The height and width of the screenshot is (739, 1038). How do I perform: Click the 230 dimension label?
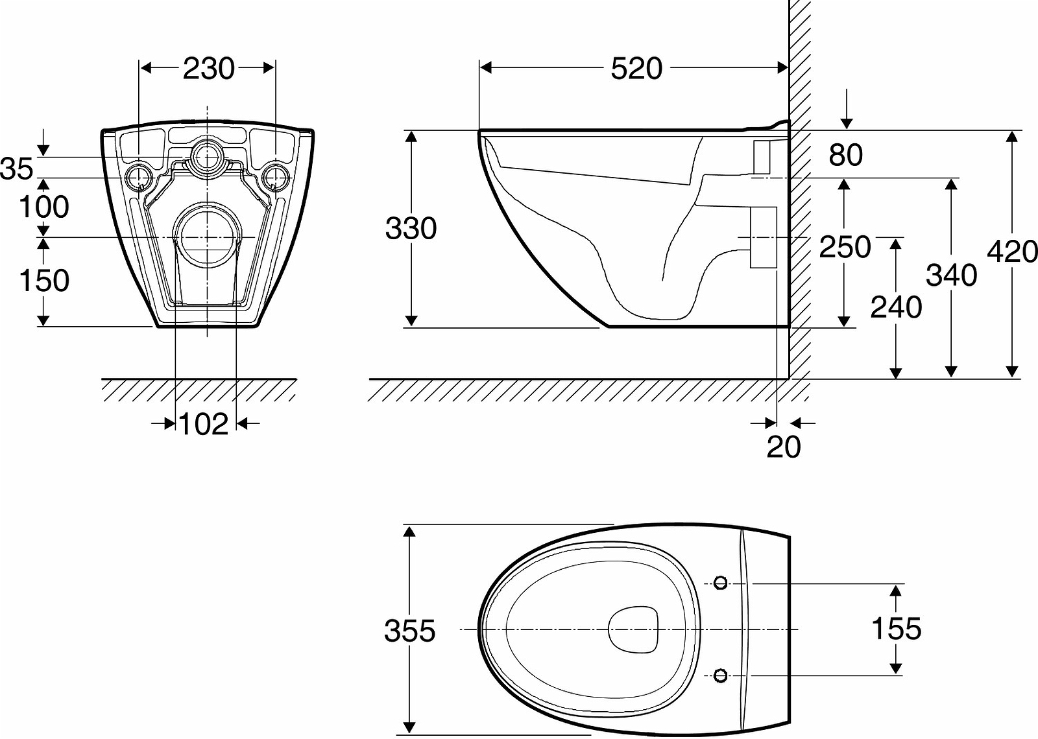[208, 69]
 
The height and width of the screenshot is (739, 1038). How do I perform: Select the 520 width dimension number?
[636, 69]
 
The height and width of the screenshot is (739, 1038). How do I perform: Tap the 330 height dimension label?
[411, 229]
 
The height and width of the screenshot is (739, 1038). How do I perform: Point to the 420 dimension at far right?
[1012, 252]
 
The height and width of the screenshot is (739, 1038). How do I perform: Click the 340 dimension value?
[951, 276]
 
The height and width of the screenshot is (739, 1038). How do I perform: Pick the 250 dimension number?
[845, 247]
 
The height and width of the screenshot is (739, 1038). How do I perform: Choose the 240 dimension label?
[896, 307]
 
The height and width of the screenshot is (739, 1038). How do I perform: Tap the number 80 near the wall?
[845, 155]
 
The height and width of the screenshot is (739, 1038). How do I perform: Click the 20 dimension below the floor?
[784, 447]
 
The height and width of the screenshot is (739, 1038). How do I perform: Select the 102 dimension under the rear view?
[203, 424]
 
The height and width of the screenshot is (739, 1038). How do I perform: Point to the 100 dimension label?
[43, 207]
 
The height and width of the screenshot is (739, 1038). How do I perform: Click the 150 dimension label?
[43, 281]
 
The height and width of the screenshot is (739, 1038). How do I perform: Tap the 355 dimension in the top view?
[409, 631]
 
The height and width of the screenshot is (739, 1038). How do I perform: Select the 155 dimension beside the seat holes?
[896, 629]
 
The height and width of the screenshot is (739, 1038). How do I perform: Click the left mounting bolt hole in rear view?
[139, 176]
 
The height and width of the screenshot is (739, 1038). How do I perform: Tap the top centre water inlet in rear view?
[208, 156]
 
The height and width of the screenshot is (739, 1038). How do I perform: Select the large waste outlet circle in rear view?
[208, 238]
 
